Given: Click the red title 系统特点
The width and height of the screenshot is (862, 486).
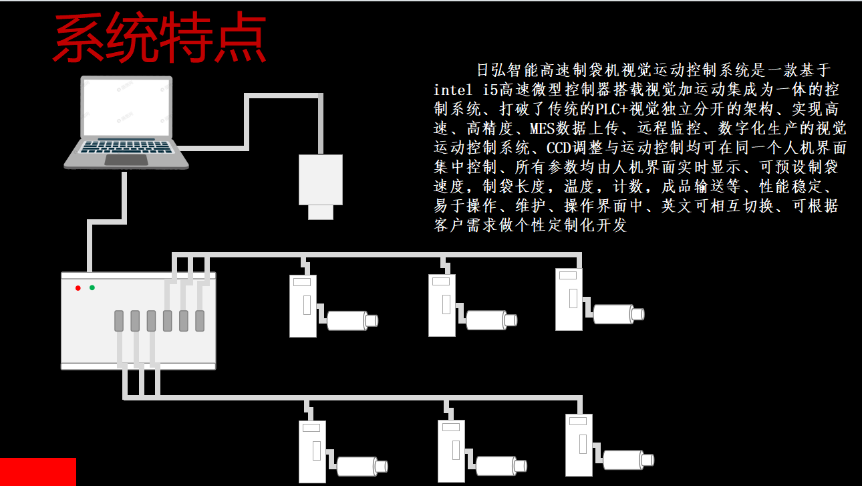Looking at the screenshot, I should coord(160,40).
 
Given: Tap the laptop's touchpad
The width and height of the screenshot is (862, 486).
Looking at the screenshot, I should coord(126,160).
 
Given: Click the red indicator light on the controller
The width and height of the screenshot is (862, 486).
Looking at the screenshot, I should coord(78,288).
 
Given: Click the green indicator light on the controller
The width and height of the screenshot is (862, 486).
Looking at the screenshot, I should coord(92,288).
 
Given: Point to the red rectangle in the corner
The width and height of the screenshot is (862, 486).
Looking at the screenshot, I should coord(37,471).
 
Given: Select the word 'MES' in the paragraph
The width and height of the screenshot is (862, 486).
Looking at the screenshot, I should coord(543,128).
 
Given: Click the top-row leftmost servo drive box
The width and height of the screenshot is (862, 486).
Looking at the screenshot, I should coord(303,306).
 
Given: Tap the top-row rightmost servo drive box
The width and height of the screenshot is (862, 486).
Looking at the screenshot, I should coord(569,299).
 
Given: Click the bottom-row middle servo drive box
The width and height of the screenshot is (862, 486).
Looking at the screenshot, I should coord(451,451).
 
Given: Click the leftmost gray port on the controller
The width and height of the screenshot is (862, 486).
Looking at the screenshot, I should coord(119,321).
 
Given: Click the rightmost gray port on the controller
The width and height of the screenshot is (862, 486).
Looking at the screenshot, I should coord(199,321).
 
